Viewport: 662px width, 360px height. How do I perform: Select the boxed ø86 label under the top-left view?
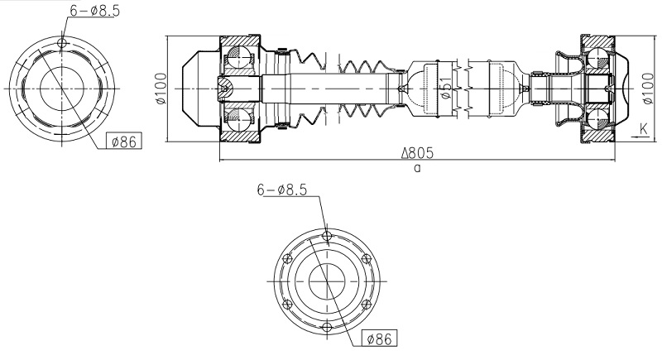(124, 142)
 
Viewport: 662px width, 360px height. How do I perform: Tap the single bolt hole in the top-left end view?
(64, 42)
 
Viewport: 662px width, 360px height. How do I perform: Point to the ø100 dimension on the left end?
(161, 88)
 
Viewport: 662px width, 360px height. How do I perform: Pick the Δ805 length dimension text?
(418, 153)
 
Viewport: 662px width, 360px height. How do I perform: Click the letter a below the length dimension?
(417, 167)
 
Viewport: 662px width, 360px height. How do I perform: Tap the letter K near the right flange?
(644, 129)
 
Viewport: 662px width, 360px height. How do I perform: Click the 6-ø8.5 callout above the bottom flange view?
(281, 190)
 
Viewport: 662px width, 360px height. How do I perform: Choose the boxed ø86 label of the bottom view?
(380, 338)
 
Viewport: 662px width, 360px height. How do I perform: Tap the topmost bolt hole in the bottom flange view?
(327, 238)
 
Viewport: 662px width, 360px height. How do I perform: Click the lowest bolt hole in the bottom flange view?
(327, 329)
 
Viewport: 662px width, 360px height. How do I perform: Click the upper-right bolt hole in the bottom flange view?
(365, 260)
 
